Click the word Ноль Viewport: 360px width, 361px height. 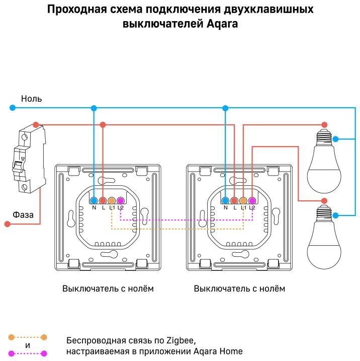(x=31, y=99)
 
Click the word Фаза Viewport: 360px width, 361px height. (x=23, y=214)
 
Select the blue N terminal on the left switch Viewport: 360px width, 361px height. (x=94, y=200)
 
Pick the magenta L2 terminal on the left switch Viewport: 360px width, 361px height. (x=120, y=200)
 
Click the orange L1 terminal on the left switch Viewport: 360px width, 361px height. (x=112, y=200)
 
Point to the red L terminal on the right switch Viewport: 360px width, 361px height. (x=234, y=200)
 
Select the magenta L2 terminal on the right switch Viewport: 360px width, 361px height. (x=252, y=200)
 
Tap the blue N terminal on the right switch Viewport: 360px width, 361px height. (x=225, y=200)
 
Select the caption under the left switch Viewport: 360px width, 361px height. (x=108, y=288)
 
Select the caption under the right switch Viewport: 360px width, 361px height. (x=239, y=288)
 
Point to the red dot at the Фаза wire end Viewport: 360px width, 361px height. (x=7, y=224)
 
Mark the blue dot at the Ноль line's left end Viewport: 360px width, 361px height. (x=11, y=108)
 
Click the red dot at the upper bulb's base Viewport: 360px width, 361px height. (x=324, y=124)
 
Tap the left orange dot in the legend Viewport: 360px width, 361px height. (x=11, y=338)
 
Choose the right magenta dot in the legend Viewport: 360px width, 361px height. (x=44, y=353)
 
